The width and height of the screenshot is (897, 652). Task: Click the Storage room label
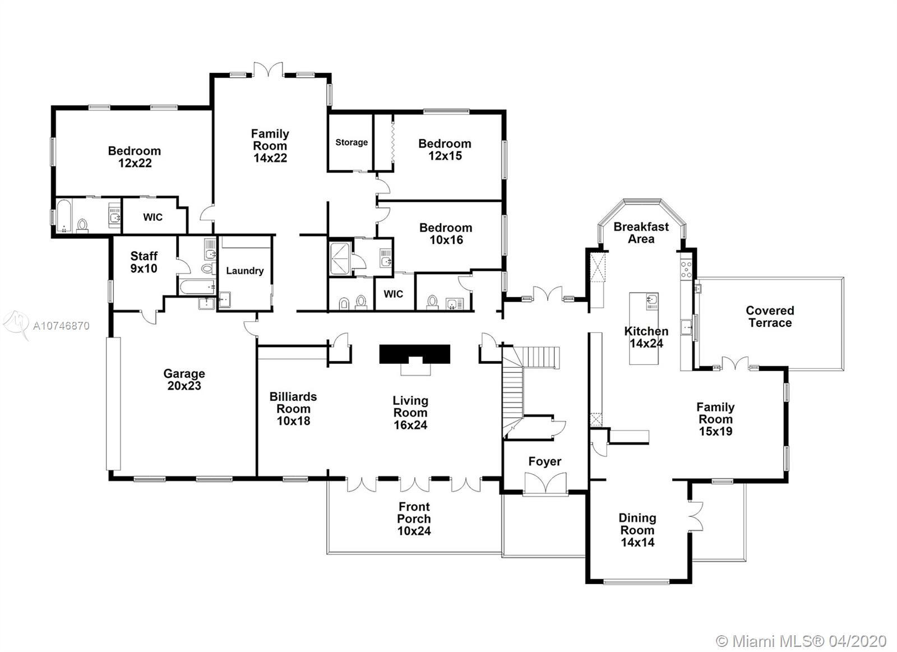click(351, 142)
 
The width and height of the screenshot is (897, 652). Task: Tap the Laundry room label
click(244, 271)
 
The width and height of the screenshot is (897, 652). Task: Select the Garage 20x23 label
click(184, 380)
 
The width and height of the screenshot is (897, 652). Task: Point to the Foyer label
click(544, 461)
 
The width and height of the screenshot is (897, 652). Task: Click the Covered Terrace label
click(770, 317)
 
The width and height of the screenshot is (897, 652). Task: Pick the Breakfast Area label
click(641, 233)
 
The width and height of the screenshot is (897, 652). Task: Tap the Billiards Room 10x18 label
click(293, 409)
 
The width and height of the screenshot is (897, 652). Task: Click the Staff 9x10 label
click(144, 262)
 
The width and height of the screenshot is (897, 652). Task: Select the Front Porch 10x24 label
click(414, 519)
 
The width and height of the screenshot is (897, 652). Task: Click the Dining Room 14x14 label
click(637, 530)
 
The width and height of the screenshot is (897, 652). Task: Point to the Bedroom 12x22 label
click(135, 156)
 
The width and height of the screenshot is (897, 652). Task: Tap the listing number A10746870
click(61, 326)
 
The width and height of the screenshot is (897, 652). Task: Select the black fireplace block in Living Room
click(415, 354)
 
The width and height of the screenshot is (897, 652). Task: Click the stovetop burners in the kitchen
click(686, 269)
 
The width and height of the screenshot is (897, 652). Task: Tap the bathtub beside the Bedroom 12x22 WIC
click(64, 216)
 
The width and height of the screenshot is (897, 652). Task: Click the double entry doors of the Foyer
click(545, 484)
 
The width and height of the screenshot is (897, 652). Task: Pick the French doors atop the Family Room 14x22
click(269, 70)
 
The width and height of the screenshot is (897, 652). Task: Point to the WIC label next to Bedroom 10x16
click(393, 294)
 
